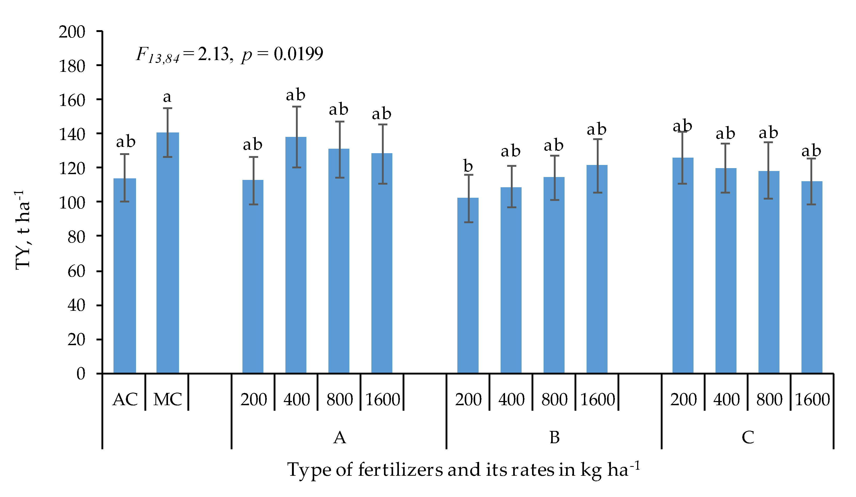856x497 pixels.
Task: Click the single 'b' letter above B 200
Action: [468, 166]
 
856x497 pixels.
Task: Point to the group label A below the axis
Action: [339, 437]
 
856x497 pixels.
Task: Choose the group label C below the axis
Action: [748, 437]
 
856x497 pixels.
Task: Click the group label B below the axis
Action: [554, 437]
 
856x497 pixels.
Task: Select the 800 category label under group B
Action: [554, 399]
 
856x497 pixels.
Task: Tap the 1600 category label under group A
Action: [382, 399]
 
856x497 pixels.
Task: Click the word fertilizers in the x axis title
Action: [400, 470]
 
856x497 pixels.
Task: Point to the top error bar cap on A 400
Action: [296, 107]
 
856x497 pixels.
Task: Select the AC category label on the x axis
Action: [125, 399]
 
